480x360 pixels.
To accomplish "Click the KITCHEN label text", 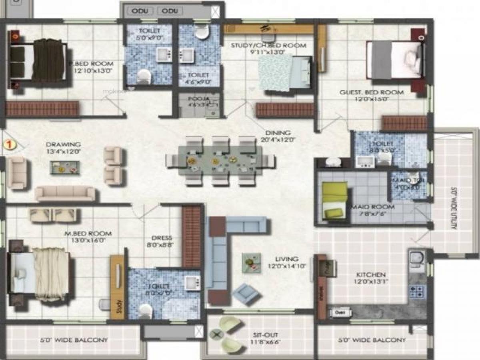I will click(370, 275).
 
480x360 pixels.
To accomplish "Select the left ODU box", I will click(140, 11).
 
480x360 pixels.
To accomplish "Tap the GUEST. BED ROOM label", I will click(371, 92).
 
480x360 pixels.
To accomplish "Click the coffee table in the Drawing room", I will click(64, 168).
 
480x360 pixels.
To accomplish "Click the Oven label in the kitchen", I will click(340, 312).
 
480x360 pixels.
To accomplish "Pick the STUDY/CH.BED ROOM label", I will click(268, 45).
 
